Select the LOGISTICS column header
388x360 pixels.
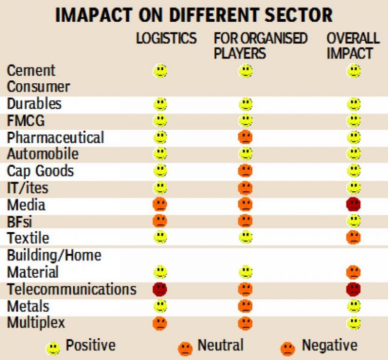(166, 38)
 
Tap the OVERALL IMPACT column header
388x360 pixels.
(353, 45)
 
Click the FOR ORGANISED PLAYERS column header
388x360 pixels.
(260, 45)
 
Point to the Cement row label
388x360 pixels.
(31, 70)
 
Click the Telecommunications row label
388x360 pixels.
(71, 289)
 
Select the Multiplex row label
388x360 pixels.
(36, 323)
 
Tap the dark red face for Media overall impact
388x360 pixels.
(354, 204)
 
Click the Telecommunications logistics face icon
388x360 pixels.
(160, 289)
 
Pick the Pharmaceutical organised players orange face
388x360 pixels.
(246, 137)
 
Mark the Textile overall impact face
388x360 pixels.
(354, 237)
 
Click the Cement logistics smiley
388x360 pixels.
(160, 71)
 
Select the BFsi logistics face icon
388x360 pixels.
(160, 221)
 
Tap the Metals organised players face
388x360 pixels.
(246, 306)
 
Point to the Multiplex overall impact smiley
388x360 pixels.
(354, 323)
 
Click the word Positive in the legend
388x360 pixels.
(90, 345)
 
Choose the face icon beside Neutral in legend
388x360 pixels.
(185, 348)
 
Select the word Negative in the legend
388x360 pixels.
(329, 345)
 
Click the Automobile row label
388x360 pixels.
(43, 153)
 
